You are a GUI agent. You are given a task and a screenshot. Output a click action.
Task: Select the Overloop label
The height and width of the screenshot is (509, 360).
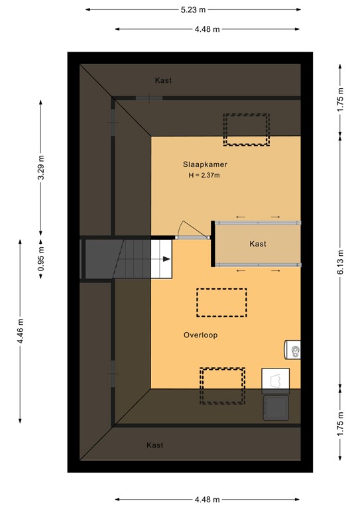(200, 335)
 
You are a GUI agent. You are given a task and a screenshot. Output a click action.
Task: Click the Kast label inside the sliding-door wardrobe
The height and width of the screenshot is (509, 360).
(258, 244)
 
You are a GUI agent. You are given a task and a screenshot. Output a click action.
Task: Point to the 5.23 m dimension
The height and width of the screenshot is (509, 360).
(192, 9)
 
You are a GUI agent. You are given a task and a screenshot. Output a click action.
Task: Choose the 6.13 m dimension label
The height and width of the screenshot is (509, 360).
(341, 253)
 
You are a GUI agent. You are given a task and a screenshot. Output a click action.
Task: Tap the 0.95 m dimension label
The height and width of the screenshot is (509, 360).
(41, 259)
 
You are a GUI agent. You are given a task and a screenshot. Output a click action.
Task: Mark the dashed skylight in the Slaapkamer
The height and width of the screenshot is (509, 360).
(246, 129)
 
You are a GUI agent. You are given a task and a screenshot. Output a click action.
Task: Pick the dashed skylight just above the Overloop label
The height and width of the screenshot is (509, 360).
(221, 302)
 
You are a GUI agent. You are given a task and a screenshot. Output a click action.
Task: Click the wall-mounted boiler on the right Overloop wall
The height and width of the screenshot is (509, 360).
(292, 349)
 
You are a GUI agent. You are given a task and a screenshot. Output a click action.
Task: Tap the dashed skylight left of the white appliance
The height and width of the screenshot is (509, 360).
(222, 386)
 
